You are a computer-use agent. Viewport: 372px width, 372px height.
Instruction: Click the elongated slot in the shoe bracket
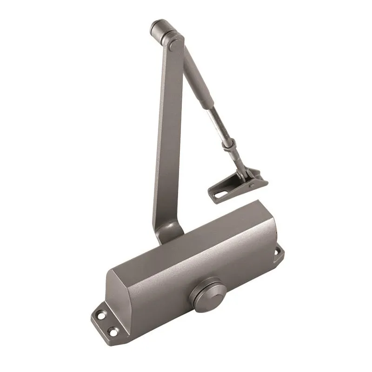(222, 191)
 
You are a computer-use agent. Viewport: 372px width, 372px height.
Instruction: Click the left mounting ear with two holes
(105, 323)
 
